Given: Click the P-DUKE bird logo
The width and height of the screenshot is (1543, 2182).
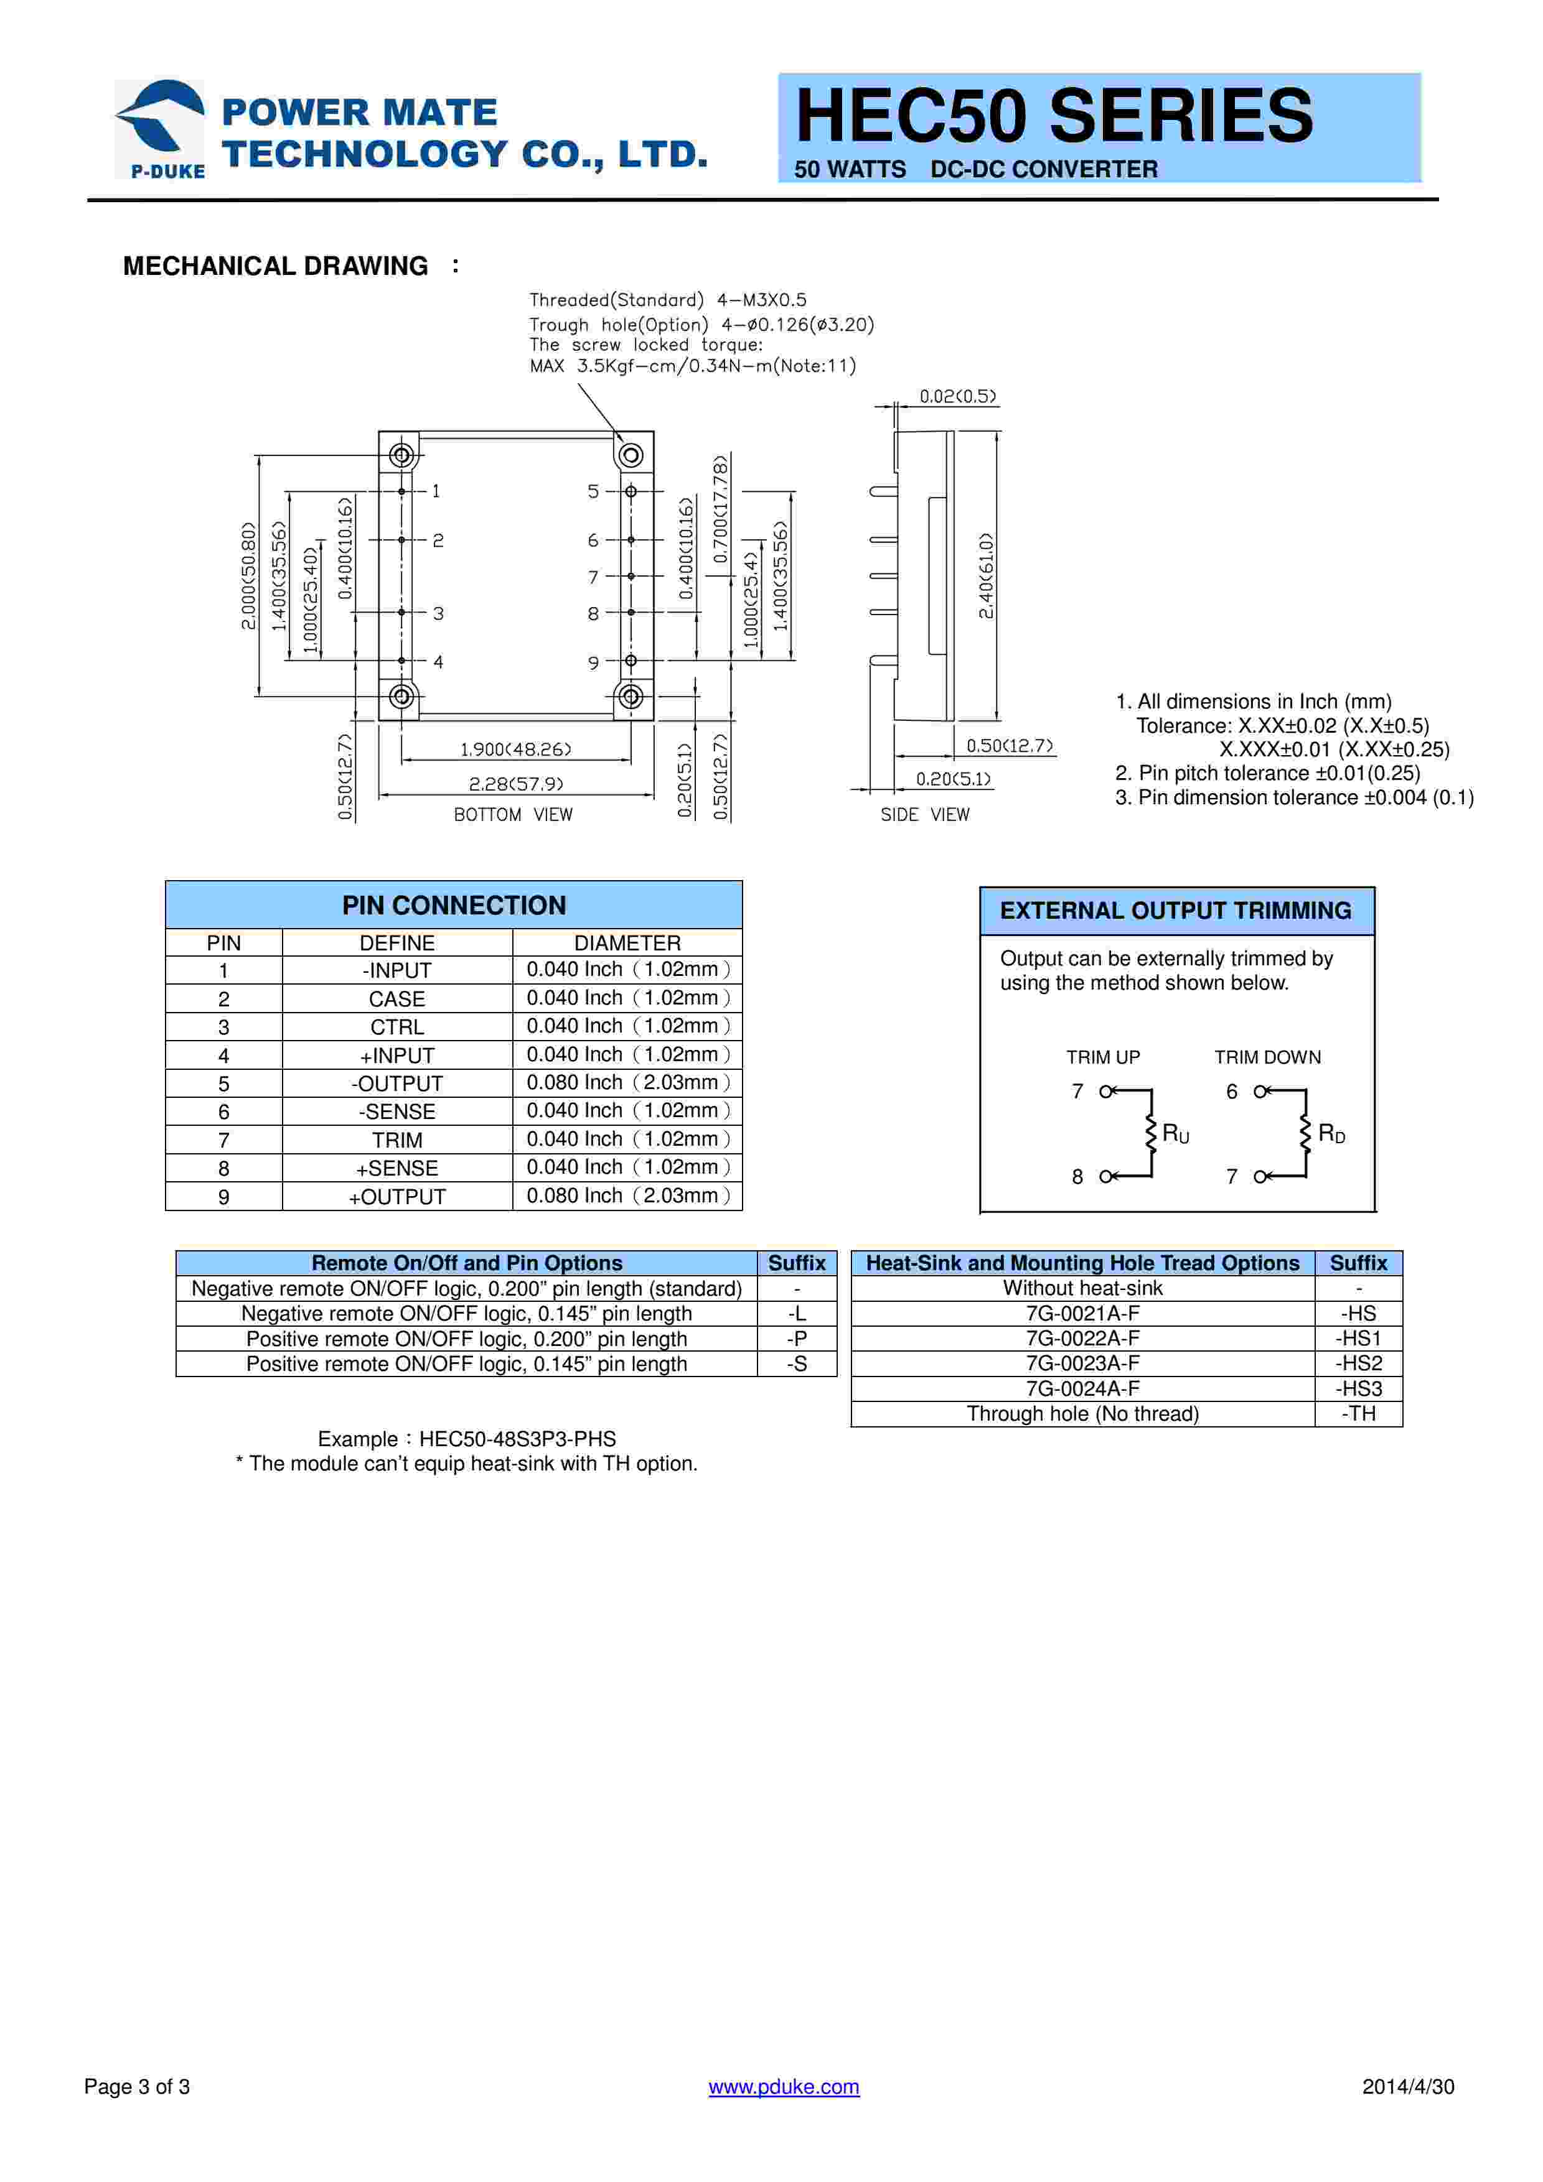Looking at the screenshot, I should pos(160,128).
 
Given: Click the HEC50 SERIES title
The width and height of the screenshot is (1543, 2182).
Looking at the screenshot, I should pos(1053,115).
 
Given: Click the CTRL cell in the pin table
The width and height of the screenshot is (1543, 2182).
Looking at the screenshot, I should pos(396,1028).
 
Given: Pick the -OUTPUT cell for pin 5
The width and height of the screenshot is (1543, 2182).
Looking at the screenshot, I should pos(396,1084).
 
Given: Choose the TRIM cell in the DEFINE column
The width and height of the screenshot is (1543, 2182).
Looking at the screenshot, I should pos(396,1140).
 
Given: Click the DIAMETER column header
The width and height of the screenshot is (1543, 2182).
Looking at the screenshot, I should pos(627,943).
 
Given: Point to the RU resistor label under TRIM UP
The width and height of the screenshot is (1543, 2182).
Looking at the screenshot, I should pos(1175,1134).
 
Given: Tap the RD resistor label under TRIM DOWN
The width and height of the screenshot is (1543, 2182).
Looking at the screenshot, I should pos(1331,1134).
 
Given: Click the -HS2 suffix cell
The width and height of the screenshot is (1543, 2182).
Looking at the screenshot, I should pos(1359,1363).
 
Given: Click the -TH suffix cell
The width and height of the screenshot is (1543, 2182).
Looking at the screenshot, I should pos(1359,1413).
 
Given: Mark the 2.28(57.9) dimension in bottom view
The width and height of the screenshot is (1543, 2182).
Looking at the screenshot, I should pos(515,784).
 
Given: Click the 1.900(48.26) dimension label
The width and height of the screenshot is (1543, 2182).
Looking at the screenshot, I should pos(515,750).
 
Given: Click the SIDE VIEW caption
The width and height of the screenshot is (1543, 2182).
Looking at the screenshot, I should pos(924,814).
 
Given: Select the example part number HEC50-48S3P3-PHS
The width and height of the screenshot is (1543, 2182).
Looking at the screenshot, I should pos(517,1439).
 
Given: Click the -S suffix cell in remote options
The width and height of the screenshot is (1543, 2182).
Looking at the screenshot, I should pos(797,1363).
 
